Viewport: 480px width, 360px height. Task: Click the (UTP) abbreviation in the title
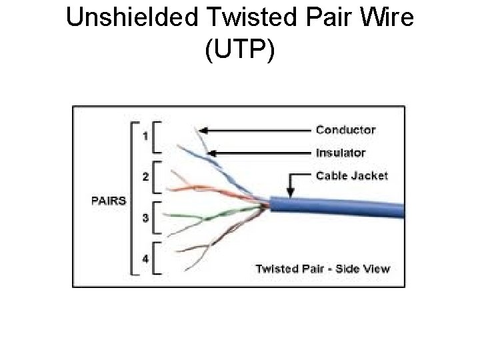(240, 51)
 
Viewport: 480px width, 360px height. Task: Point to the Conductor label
(345, 130)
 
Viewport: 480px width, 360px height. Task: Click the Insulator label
(340, 153)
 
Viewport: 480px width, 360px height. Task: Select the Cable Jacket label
(351, 176)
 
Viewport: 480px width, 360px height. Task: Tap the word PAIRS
(109, 200)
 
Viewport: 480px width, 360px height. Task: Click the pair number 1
(145, 137)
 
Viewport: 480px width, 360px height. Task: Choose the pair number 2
(145, 177)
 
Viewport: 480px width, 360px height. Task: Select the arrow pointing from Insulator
(260, 153)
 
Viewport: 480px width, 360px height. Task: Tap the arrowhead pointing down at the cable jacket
(291, 192)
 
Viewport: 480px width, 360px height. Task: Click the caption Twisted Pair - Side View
(323, 269)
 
